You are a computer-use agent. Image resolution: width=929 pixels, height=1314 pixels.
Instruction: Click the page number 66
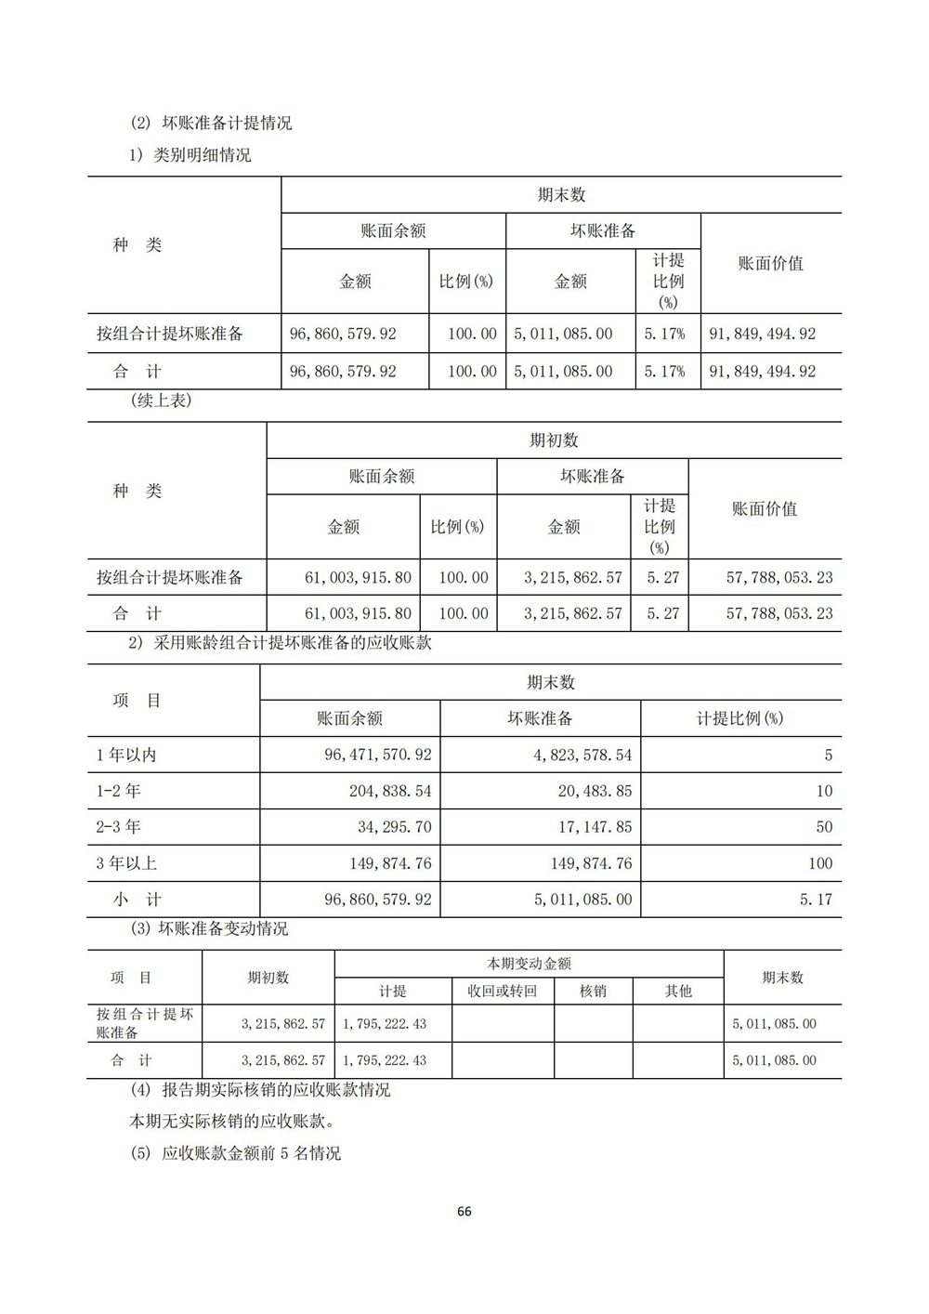(464, 1211)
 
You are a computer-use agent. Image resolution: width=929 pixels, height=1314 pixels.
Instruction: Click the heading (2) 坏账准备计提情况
(211, 123)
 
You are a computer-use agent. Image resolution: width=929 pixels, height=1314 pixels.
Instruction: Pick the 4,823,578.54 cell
(582, 756)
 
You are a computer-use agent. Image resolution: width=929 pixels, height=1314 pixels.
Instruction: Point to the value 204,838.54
(391, 792)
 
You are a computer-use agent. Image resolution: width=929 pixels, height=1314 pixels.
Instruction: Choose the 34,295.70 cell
(396, 827)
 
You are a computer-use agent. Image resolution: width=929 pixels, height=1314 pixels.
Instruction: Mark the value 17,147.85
(591, 827)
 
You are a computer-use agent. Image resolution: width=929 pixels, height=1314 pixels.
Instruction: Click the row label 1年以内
(126, 756)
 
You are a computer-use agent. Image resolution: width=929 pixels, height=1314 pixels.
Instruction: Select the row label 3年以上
(126, 863)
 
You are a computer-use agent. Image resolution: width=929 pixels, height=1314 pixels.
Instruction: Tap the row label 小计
(137, 900)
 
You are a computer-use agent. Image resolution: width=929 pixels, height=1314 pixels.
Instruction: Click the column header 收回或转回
(502, 992)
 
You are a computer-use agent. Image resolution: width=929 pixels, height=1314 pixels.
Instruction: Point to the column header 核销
(593, 992)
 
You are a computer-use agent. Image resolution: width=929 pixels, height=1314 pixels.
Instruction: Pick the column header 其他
(678, 992)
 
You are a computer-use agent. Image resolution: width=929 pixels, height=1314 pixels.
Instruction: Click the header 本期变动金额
(529, 965)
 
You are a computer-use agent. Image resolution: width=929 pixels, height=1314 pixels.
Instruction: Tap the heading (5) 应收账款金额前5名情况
(236, 1153)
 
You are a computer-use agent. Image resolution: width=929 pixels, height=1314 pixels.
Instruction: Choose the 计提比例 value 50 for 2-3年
(823, 827)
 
